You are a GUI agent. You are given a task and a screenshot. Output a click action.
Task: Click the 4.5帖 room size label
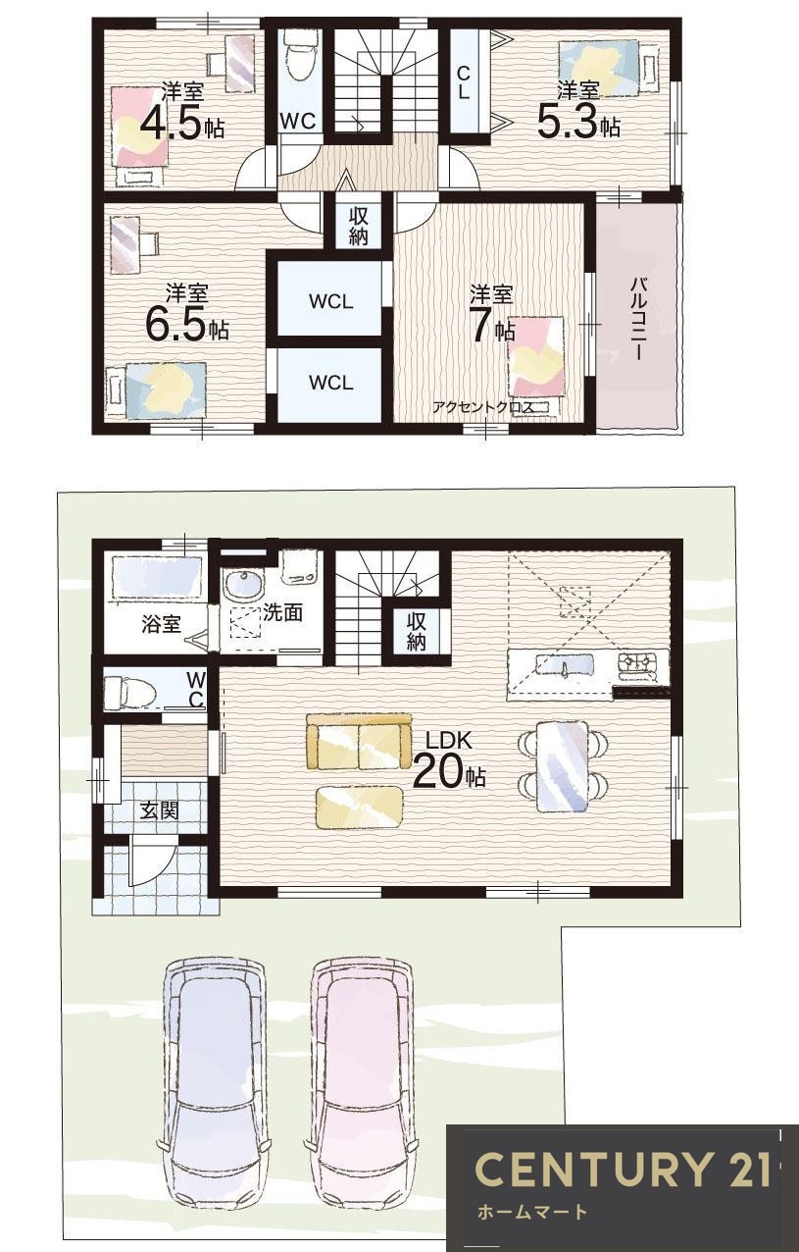182,123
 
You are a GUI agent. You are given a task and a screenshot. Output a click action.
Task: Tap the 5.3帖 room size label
578,122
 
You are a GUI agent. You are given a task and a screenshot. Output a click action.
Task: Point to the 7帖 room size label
492,325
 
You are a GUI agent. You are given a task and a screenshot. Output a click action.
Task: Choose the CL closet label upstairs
464,82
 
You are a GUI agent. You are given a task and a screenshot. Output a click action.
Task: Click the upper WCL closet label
330,302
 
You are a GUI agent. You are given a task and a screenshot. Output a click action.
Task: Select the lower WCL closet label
330,383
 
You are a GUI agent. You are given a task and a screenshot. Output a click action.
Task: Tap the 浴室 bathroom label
162,624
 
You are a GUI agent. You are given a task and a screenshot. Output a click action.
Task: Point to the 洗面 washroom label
282,612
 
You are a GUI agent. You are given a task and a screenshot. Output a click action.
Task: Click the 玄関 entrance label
160,811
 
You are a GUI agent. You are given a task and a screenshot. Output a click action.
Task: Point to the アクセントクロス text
482,407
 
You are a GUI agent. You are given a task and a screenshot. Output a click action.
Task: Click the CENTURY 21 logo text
623,1169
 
